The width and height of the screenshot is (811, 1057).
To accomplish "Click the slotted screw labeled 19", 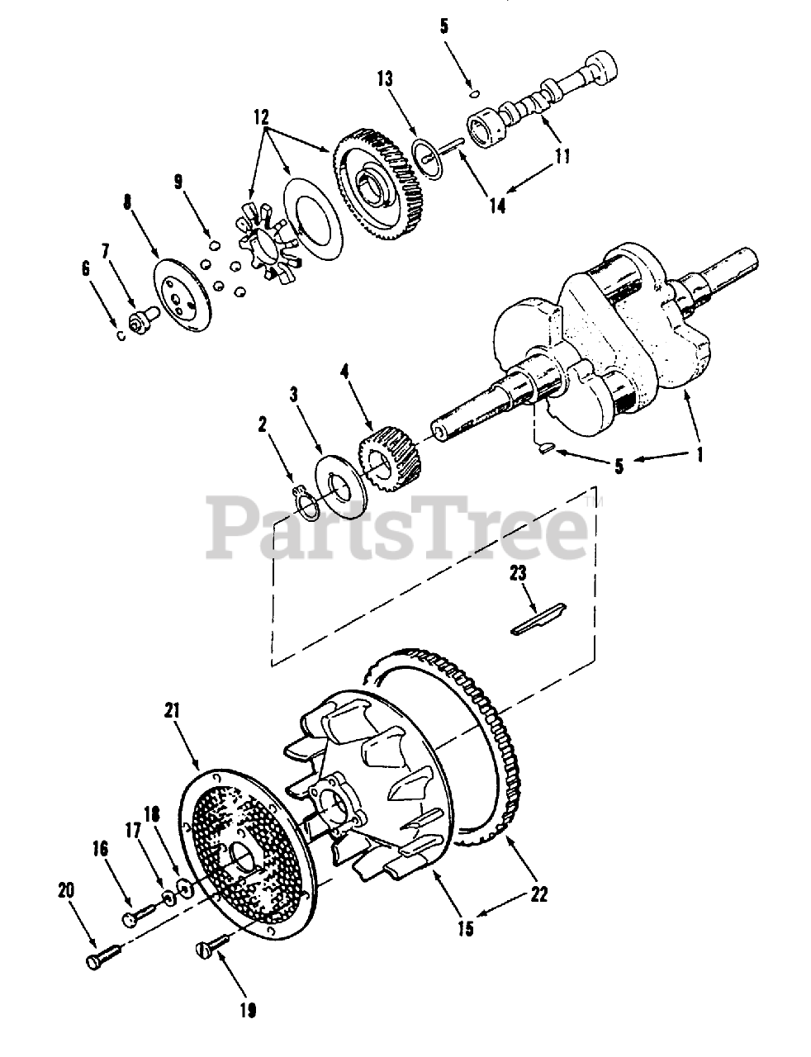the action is [214, 945].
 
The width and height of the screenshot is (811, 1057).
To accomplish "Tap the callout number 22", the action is [538, 893].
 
